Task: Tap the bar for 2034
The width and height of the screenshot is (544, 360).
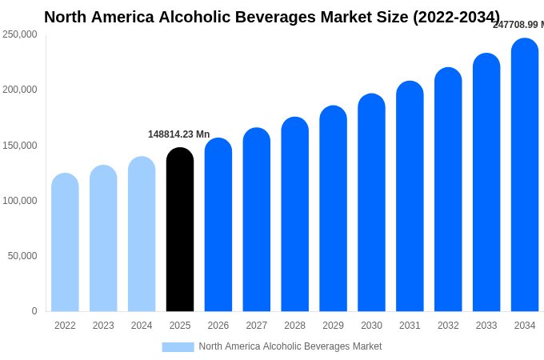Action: pos(525,175)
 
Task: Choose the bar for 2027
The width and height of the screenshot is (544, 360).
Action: pos(257,220)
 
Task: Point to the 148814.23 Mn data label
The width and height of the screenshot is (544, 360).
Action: pos(178,134)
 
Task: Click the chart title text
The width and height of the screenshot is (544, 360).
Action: pos(272,17)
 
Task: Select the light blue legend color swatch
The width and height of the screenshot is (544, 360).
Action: pos(178,346)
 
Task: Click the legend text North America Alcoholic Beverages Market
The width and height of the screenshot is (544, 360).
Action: pos(290,346)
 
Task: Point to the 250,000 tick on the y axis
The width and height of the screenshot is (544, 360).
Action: pos(20,34)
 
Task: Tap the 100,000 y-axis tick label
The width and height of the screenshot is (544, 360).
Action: pos(20,200)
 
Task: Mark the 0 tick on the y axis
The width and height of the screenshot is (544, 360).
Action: pos(34,311)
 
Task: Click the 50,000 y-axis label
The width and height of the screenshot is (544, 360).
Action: pos(22,256)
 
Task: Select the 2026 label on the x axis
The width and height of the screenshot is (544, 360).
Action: pos(218,326)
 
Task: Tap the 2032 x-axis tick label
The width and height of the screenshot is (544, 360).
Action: pos(448,326)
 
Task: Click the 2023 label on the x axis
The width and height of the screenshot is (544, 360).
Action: pos(103,326)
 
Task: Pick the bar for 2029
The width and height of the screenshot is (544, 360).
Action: pos(333,209)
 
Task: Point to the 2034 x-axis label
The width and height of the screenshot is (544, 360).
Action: pos(525,326)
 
